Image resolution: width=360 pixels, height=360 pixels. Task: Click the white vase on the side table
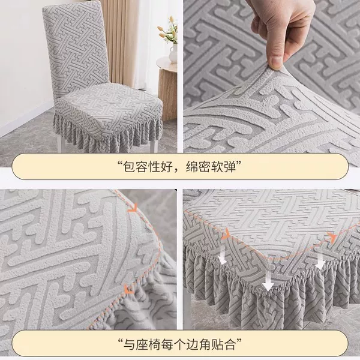173,53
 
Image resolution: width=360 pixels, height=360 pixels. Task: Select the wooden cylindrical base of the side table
167,94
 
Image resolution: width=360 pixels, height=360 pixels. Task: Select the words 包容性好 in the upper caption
148,167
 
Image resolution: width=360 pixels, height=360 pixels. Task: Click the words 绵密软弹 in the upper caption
211,167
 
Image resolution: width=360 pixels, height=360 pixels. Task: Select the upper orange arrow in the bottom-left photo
133,208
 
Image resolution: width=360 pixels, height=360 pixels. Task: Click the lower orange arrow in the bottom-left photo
129,289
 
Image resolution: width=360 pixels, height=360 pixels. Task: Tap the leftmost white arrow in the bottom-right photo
222,258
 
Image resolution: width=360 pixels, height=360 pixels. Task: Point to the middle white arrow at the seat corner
268,282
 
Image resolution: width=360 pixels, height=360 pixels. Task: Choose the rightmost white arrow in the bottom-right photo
320,261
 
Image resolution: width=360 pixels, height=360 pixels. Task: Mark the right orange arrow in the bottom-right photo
332,236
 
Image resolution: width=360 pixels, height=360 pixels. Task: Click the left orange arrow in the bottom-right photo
226,234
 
